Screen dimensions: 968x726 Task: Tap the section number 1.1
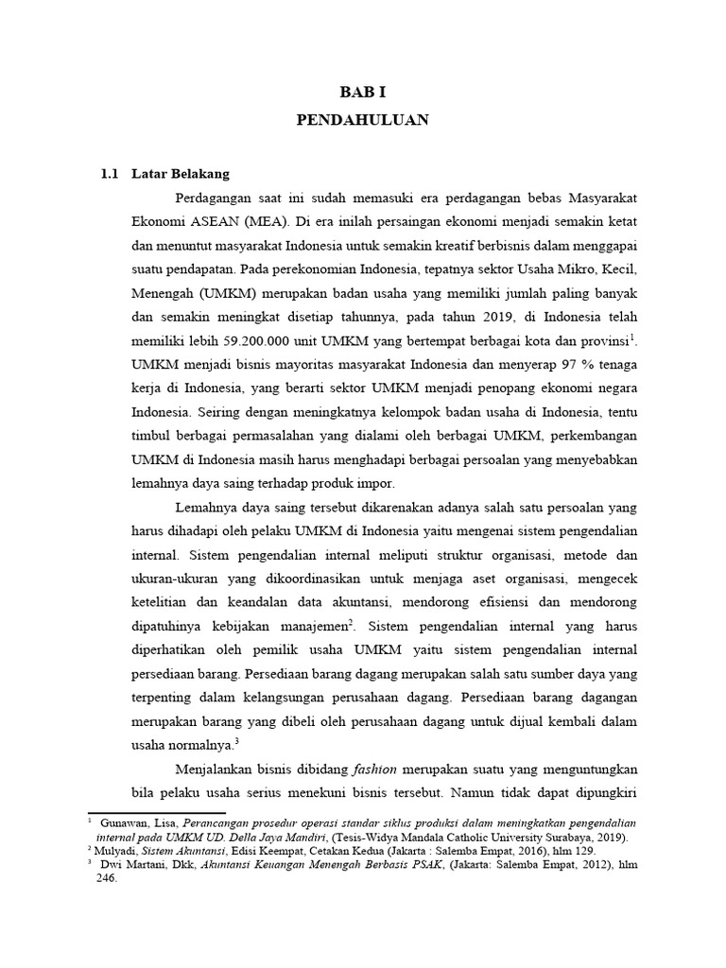pos(111,175)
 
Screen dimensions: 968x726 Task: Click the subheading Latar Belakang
pos(181,175)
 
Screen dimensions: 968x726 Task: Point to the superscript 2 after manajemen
pos(351,621)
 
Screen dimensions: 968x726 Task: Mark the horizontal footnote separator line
pos(156,812)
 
